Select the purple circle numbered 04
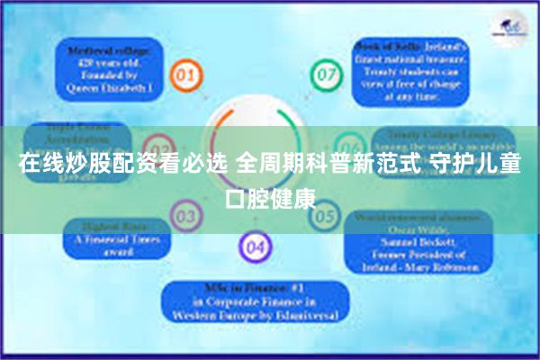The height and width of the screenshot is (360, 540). [255, 246]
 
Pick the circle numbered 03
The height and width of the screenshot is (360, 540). [185, 216]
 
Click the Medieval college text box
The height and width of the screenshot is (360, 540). [107, 68]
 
